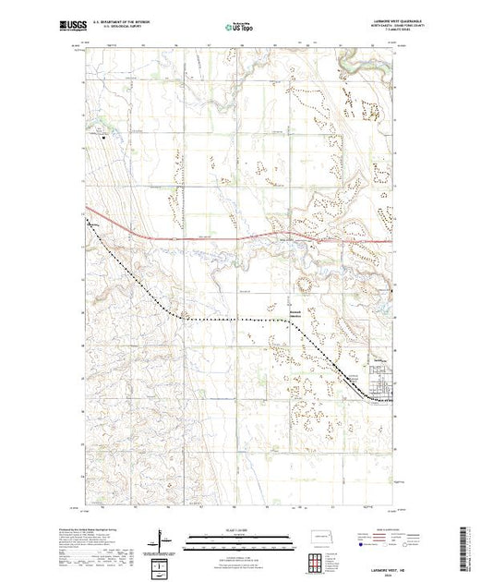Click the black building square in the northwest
105,139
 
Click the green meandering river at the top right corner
351,61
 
